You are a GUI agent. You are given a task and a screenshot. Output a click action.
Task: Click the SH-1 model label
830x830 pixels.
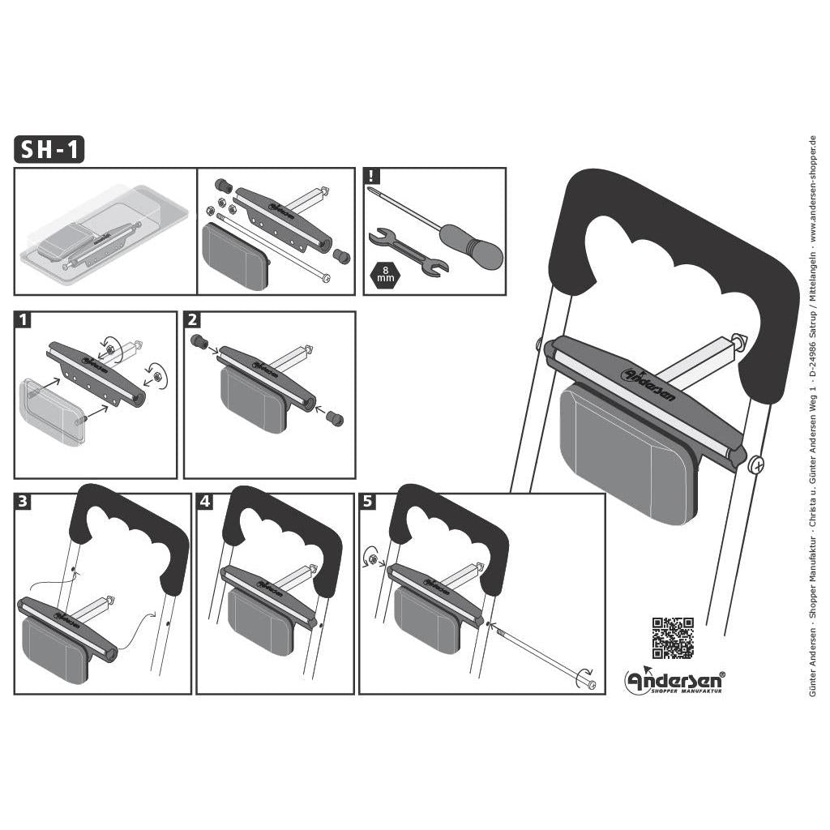pyautogui.click(x=49, y=150)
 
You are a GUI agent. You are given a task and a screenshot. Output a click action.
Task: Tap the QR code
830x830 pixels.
pyautogui.click(x=673, y=638)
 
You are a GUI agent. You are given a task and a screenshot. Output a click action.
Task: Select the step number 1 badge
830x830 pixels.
pyautogui.click(x=24, y=320)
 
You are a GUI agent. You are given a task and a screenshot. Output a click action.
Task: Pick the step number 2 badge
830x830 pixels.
pyautogui.click(x=193, y=320)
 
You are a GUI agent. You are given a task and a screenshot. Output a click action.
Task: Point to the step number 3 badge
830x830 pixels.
pyautogui.click(x=24, y=502)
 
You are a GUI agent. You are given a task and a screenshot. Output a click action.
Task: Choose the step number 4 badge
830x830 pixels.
pyautogui.click(x=206, y=502)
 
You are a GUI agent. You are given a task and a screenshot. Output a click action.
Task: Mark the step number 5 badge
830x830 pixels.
pyautogui.click(x=369, y=502)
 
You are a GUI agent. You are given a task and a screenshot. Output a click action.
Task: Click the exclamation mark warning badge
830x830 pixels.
pyautogui.click(x=371, y=176)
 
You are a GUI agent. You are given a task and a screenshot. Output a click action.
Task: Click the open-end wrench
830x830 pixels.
pyautogui.click(x=404, y=252)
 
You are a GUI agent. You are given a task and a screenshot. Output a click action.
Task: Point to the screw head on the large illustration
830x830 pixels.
pyautogui.click(x=757, y=464)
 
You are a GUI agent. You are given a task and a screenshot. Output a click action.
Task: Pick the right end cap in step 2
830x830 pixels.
pyautogui.click(x=334, y=418)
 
